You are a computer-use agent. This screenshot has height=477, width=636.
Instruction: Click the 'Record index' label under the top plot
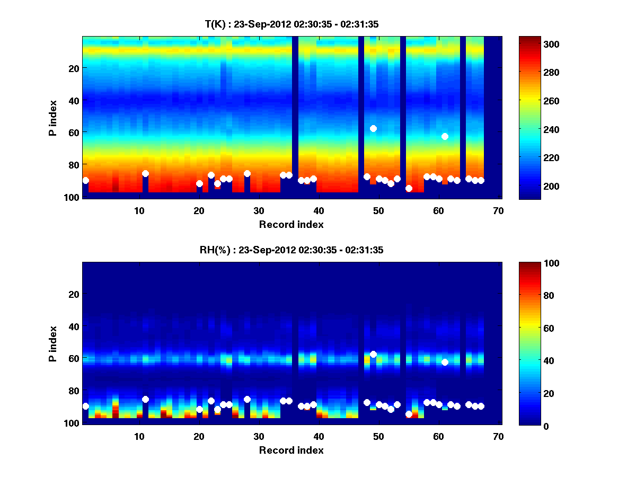coord(291,224)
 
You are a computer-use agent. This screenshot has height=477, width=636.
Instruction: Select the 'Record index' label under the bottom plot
coord(291,450)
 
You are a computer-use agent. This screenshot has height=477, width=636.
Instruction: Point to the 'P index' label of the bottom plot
coord(53,343)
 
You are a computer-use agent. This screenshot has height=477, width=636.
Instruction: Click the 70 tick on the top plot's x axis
coord(498,210)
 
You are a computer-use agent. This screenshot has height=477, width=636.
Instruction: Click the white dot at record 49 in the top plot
coord(373,128)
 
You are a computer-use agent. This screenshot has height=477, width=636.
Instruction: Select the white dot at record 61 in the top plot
coord(445,136)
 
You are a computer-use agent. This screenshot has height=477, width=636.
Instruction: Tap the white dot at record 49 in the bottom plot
coord(373,354)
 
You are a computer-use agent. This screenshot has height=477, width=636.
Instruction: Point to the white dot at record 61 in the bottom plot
coord(445,362)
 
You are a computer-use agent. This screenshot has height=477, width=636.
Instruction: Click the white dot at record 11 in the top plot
coord(145,173)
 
